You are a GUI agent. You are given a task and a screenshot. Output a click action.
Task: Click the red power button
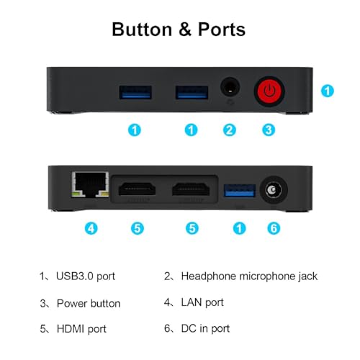click(269, 91)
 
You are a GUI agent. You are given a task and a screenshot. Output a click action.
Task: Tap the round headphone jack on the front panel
click(230, 87)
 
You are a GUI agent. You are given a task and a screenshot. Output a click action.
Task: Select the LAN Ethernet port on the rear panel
click(90, 184)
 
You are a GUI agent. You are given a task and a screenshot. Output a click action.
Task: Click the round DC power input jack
click(274, 190)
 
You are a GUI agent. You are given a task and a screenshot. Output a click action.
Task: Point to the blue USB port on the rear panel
click(239, 191)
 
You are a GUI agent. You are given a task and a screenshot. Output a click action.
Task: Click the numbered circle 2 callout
click(230, 130)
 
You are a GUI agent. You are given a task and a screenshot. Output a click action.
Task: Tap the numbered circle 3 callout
click(269, 130)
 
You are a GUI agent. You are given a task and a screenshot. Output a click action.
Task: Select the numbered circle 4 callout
click(91, 228)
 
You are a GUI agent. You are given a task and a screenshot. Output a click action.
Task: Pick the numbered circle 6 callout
click(274, 228)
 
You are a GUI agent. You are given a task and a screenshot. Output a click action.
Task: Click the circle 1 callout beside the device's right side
click(328, 91)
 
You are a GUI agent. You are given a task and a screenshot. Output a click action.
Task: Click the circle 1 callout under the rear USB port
click(240, 228)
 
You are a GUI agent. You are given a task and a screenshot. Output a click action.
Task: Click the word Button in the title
click(142, 30)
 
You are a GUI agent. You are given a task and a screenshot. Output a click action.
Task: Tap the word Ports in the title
click(222, 30)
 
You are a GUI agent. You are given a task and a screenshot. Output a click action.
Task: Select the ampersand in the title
click(185, 30)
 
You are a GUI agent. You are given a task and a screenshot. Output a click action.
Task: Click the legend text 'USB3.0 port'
click(86, 276)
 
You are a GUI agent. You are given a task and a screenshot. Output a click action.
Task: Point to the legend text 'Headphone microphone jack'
click(249, 276)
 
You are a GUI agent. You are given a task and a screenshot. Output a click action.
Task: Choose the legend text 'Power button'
click(89, 303)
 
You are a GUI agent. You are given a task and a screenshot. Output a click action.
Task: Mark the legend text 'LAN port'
click(202, 302)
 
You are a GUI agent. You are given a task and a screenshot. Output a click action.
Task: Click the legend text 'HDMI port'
click(81, 329)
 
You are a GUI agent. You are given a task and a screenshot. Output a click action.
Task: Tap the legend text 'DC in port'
click(205, 328)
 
